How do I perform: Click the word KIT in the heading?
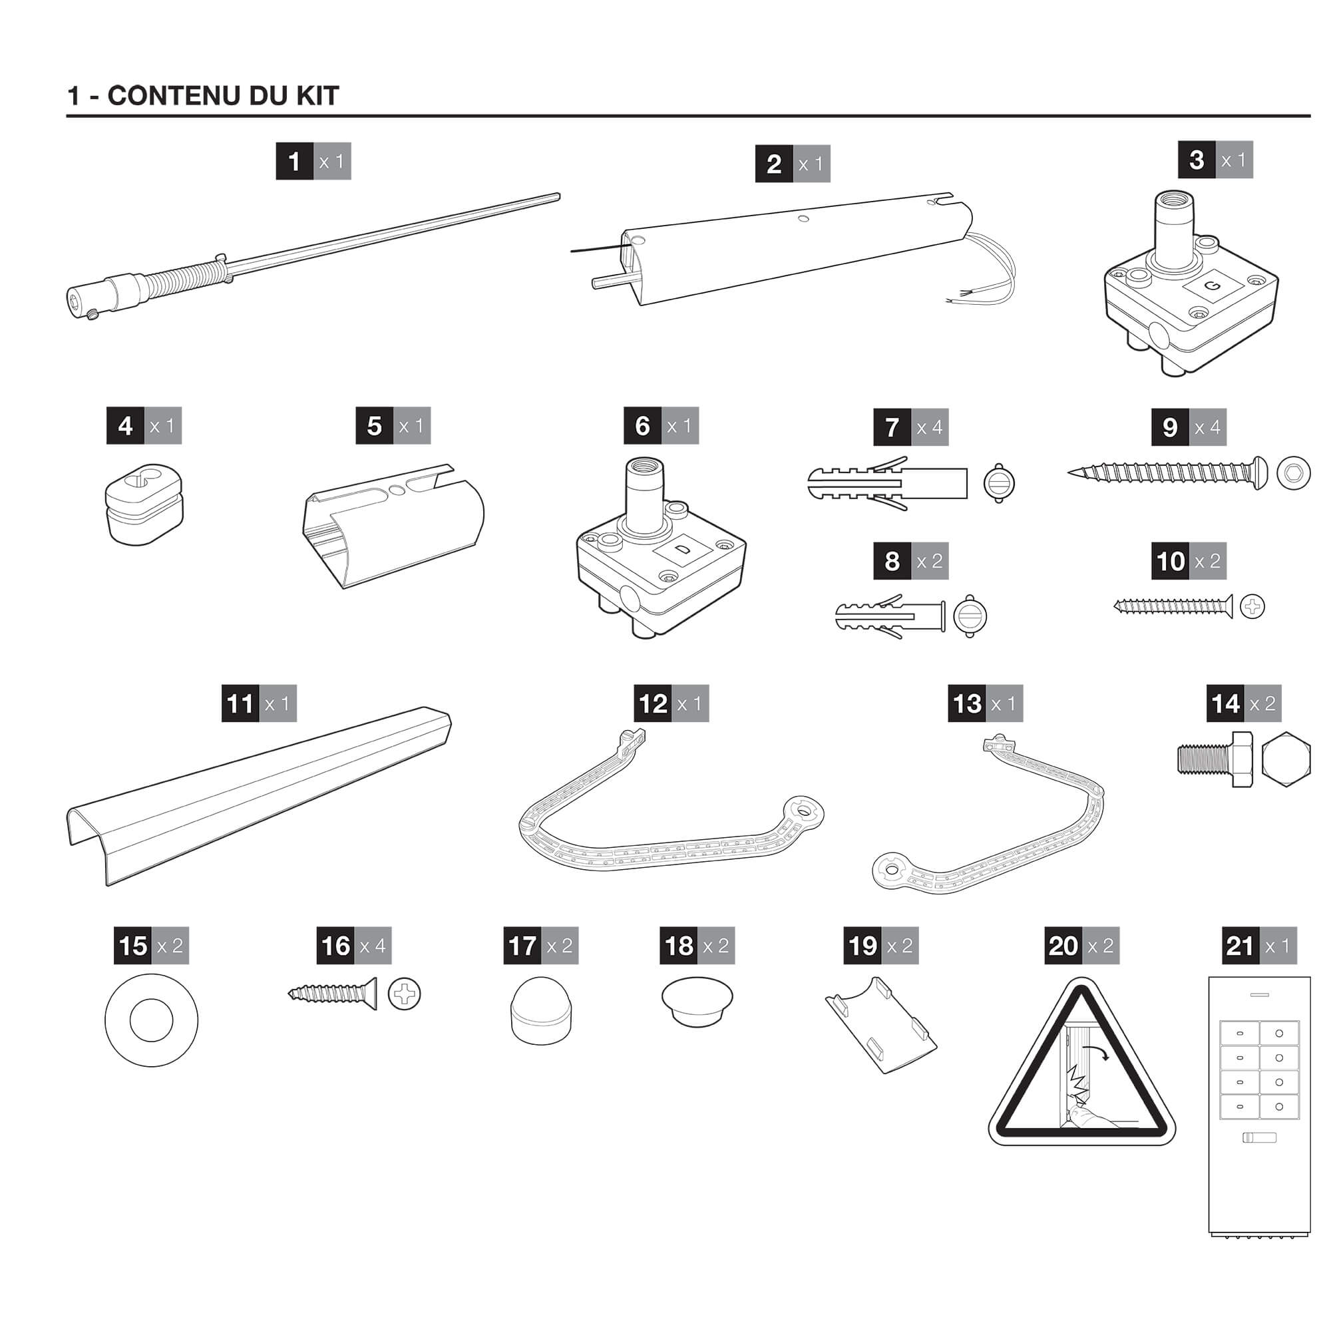(x=317, y=96)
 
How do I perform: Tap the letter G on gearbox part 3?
(x=1213, y=286)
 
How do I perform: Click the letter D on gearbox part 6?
(x=681, y=548)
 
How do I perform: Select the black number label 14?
(x=1225, y=703)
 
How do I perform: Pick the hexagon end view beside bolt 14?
(x=1286, y=759)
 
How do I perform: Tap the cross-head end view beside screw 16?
(x=405, y=994)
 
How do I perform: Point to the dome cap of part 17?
(x=542, y=1010)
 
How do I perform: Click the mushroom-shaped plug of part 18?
(x=697, y=1000)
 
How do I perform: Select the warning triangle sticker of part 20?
(x=1081, y=1071)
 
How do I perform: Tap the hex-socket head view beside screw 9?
(x=1293, y=473)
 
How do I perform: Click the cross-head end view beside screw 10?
(x=1252, y=607)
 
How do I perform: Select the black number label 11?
(x=240, y=703)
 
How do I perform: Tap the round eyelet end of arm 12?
(x=804, y=812)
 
